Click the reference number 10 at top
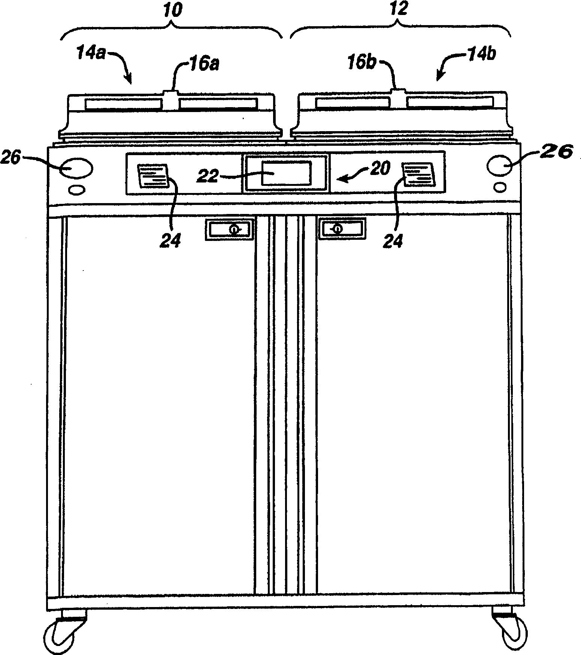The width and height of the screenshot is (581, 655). (x=173, y=10)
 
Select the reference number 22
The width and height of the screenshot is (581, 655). (x=208, y=176)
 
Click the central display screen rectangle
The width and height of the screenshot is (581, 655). (x=287, y=173)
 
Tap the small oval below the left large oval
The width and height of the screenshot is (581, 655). (x=76, y=190)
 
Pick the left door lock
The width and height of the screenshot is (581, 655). (x=229, y=229)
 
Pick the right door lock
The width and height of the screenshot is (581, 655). (x=342, y=229)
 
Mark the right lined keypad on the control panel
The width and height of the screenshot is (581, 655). (x=419, y=173)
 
